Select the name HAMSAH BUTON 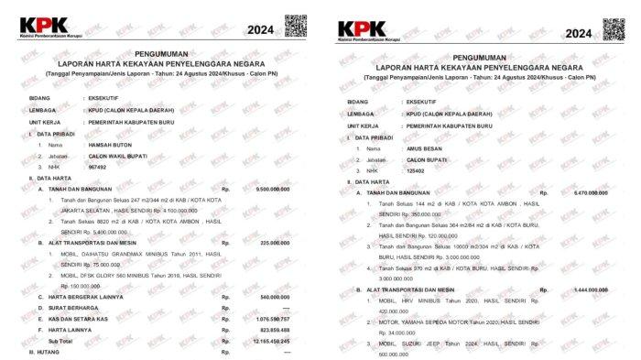(x=109, y=145)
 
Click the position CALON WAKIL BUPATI (x=120, y=157)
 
